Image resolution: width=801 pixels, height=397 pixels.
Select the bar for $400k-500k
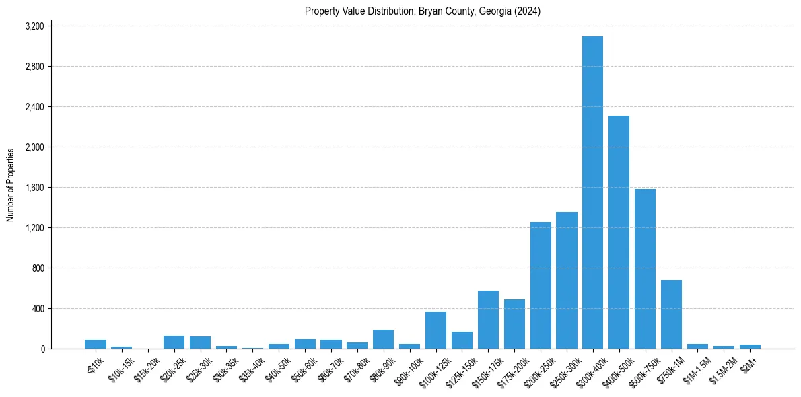619,232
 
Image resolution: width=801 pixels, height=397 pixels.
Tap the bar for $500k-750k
645,269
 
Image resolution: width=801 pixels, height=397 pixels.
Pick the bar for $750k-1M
671,314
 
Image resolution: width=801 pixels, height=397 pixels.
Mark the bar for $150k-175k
488,320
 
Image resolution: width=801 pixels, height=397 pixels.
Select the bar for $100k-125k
436,330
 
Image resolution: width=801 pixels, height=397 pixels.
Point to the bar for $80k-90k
383,339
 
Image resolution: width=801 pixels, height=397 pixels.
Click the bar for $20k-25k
174,342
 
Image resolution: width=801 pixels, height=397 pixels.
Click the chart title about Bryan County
423,11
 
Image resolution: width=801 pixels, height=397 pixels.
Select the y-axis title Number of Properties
11,185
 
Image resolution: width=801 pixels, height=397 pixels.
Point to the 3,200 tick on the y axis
34,26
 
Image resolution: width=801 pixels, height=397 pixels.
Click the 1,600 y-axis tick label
34,188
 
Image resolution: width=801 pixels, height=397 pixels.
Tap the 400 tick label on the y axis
38,309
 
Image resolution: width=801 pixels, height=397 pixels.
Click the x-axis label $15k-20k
146,369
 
